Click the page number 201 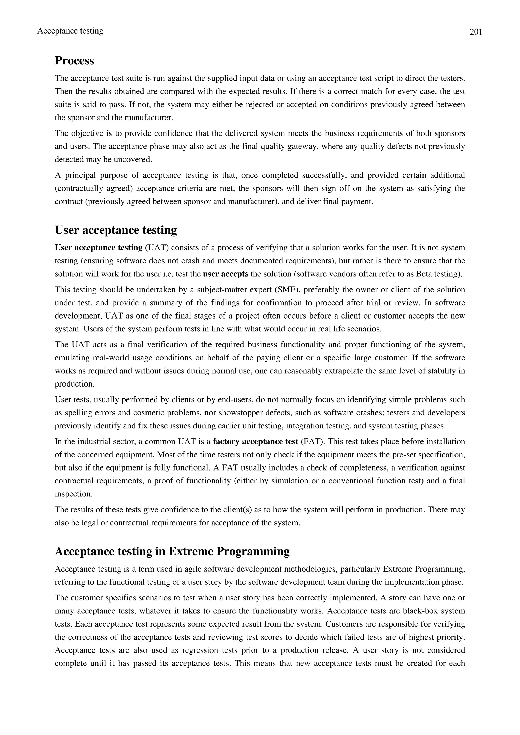(476, 32)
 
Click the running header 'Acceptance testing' (70, 31)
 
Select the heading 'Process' (74, 60)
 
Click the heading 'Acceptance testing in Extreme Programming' (172, 551)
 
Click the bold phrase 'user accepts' (225, 274)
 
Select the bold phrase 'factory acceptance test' (255, 442)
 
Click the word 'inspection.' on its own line (74, 494)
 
